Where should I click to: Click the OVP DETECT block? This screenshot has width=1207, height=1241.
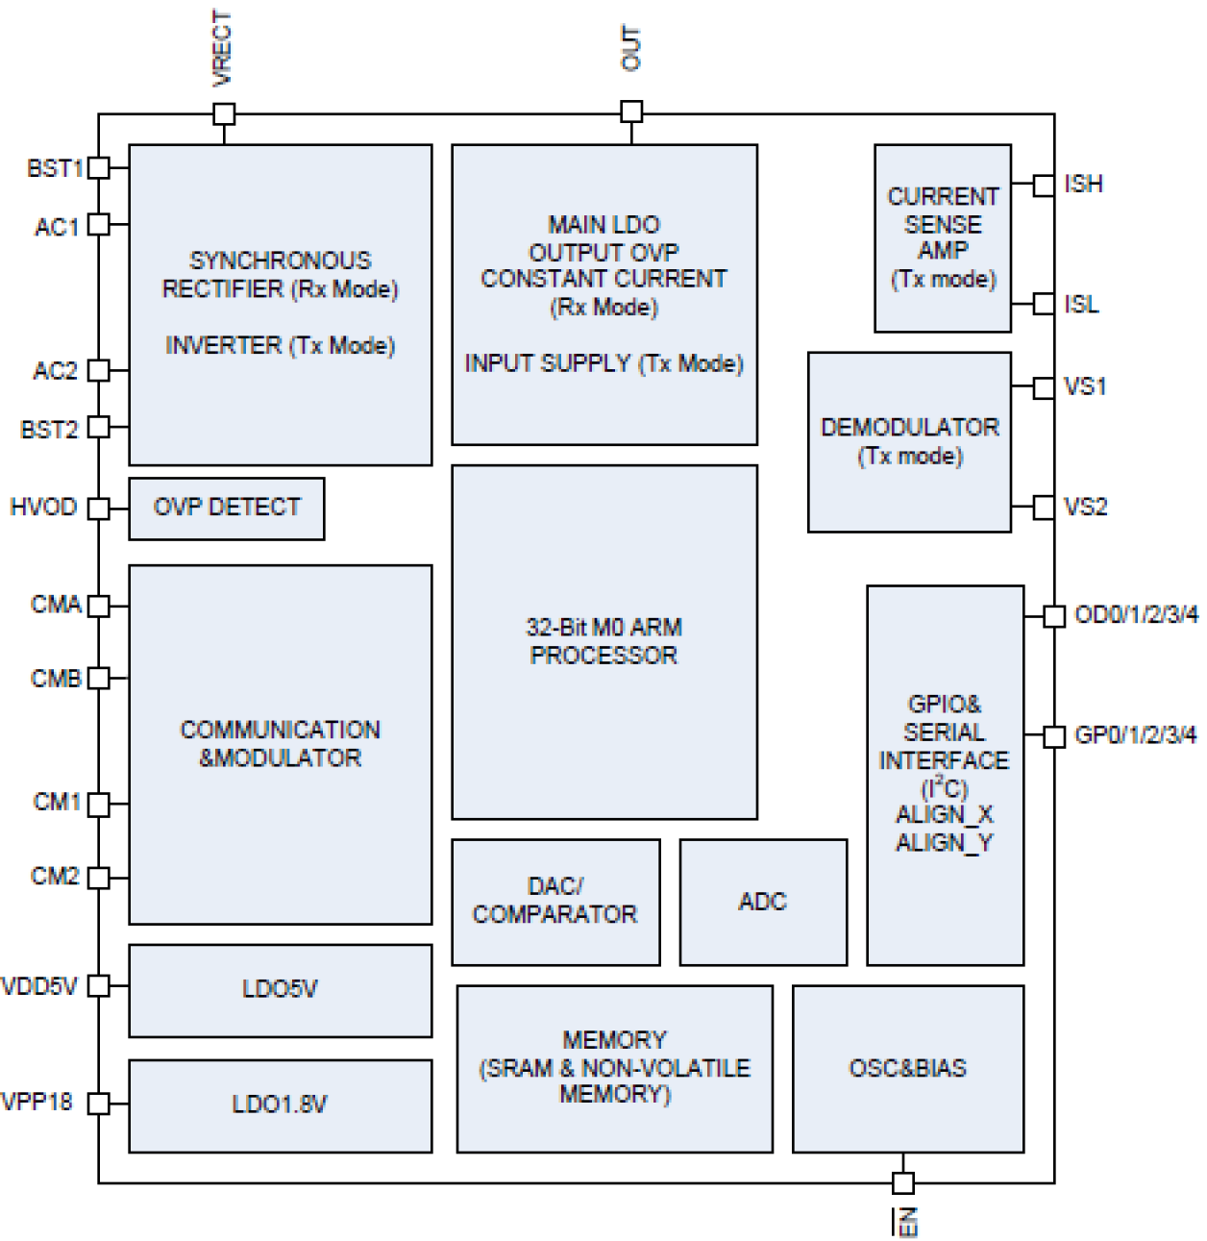pos(227,508)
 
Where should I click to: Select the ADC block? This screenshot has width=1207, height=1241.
pos(763,902)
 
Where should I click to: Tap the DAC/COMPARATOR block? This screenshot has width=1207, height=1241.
pos(555,901)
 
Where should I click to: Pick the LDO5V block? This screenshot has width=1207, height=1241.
pos(280,989)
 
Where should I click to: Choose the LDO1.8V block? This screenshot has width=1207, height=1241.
pos(280,1104)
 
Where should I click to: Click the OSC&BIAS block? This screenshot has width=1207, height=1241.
pos(907,1068)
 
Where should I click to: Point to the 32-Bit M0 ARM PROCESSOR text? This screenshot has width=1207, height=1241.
pos(603,641)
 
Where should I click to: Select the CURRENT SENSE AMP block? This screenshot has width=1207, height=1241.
pos(942,237)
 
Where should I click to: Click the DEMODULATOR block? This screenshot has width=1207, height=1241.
pos(909,441)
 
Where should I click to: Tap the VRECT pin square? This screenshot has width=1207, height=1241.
pos(224,114)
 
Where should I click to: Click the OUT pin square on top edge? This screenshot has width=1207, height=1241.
pos(631,112)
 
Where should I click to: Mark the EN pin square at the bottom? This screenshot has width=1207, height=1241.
pos(902,1182)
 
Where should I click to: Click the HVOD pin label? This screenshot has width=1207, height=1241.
pos(43,507)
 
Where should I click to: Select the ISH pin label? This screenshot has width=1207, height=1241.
pos(1083,184)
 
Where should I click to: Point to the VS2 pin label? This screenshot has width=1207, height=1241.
pos(1085,507)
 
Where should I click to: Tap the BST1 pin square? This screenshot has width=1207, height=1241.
pos(99,167)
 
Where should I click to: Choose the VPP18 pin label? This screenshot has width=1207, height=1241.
pos(37,1102)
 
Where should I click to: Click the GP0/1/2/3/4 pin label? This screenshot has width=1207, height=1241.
pos(1135,735)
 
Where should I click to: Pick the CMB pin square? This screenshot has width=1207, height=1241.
pos(99,678)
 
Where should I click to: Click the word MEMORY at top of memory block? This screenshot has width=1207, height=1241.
pos(614,1040)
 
